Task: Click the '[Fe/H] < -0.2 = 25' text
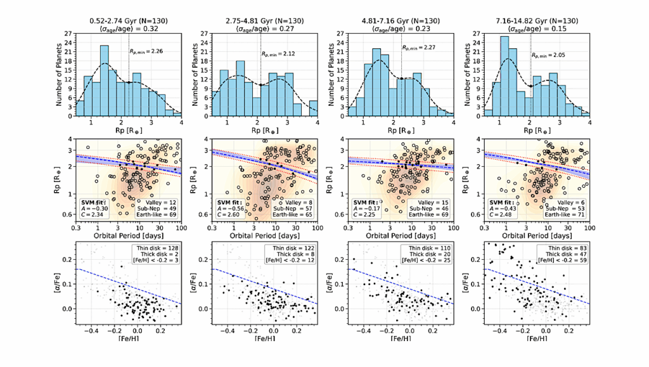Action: point(427,261)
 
